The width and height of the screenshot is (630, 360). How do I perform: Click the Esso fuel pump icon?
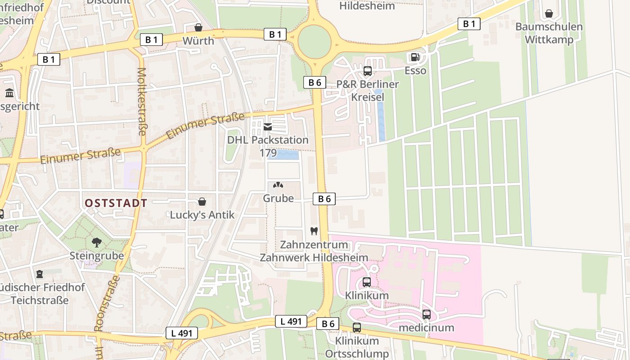[x=415, y=57]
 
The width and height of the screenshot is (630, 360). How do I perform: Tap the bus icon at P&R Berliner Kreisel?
[x=368, y=71]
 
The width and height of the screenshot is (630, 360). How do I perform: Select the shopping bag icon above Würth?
[x=198, y=27]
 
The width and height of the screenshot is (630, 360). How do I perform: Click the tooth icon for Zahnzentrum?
[x=314, y=231]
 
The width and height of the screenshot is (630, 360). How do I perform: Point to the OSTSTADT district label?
[x=116, y=203]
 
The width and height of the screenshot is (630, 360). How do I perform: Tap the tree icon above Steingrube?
[x=96, y=243]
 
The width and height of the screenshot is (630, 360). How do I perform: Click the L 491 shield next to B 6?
[x=291, y=321]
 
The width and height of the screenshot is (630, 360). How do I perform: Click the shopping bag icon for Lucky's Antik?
[x=202, y=202]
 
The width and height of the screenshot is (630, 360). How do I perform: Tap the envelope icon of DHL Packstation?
[x=268, y=127]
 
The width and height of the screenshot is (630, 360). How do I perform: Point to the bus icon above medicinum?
[x=426, y=314]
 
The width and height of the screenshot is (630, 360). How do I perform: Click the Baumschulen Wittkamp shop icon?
[x=549, y=13]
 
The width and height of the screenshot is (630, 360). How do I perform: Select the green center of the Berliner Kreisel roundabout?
[x=315, y=42]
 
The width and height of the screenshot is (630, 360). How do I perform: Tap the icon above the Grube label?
[x=278, y=185]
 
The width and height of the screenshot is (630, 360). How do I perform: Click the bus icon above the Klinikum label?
[x=367, y=282]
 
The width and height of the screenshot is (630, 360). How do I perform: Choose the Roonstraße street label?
[x=107, y=303]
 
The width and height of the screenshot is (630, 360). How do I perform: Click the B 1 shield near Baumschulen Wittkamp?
[x=469, y=24]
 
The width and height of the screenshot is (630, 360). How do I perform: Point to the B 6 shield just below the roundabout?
[x=315, y=82]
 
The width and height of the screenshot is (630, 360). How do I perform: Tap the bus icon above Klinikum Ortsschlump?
[x=357, y=328]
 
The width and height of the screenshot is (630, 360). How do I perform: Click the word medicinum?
[x=426, y=328]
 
